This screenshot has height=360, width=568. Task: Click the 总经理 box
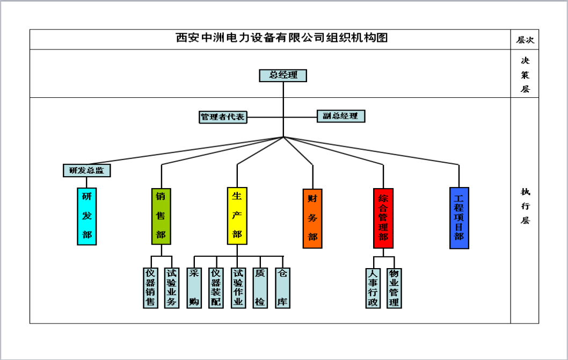(x=283, y=75)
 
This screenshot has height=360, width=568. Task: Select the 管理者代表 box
(x=223, y=117)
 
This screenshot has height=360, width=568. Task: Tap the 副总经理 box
(x=340, y=116)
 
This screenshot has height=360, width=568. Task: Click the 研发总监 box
(x=86, y=170)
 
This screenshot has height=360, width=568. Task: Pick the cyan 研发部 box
(x=86, y=216)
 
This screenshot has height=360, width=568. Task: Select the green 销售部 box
(x=161, y=216)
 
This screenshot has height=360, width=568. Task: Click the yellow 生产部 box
(x=237, y=216)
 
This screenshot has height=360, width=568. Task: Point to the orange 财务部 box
(x=312, y=218)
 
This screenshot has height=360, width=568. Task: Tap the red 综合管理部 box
(x=383, y=218)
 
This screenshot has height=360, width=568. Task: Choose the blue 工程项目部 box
(x=459, y=218)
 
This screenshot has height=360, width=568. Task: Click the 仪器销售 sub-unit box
(x=150, y=288)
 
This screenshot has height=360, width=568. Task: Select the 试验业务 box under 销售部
(x=172, y=288)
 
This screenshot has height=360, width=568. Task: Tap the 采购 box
(x=194, y=288)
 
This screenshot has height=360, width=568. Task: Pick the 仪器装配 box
(x=216, y=288)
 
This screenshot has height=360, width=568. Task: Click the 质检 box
(x=260, y=288)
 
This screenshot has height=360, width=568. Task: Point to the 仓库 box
(x=282, y=288)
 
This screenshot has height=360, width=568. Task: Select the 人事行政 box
(x=372, y=288)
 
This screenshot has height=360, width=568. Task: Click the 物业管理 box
(x=394, y=288)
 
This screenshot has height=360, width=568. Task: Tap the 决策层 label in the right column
(x=525, y=74)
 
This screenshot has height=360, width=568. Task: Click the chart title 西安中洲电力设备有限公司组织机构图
(x=282, y=38)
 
